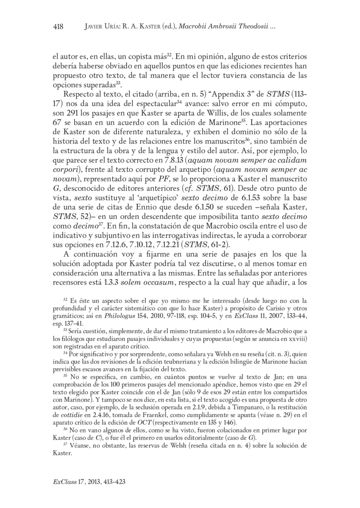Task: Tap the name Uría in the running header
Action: pyautogui.click(x=111, y=27)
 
